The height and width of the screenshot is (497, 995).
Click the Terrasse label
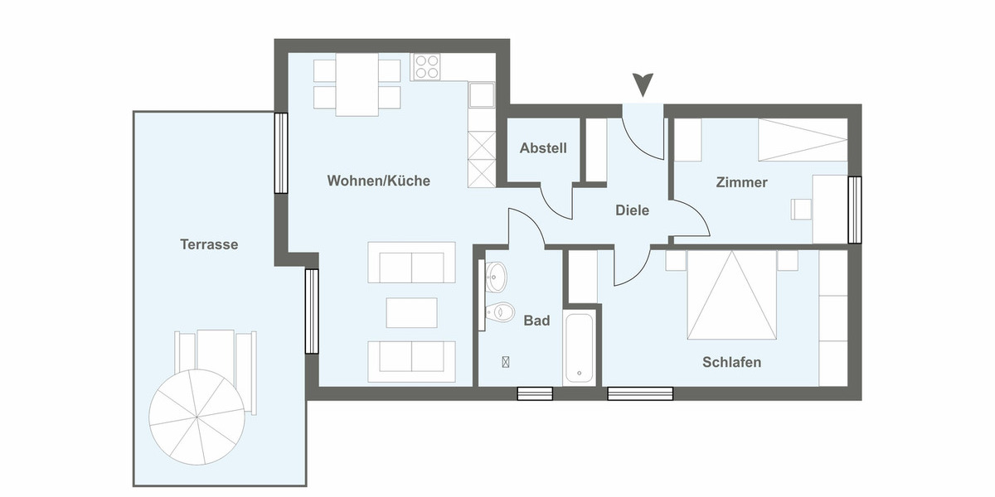click(x=209, y=244)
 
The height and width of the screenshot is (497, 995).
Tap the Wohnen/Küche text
click(x=378, y=181)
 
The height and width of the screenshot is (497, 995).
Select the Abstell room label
click(x=543, y=148)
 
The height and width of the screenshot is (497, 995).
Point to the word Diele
click(x=632, y=210)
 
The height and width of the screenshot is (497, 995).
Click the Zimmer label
click(x=741, y=182)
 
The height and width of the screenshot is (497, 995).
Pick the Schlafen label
click(x=731, y=362)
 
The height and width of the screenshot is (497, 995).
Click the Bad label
click(x=536, y=321)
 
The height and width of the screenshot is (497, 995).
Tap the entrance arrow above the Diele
click(x=643, y=84)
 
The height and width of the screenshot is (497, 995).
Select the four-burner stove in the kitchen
click(x=427, y=66)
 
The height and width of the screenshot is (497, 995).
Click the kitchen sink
click(x=481, y=95)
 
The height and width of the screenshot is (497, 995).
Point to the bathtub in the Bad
click(x=580, y=348)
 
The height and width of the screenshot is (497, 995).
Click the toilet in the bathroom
click(x=500, y=312)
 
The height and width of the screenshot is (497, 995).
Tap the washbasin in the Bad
click(x=496, y=277)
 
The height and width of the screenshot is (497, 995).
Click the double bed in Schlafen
click(x=731, y=296)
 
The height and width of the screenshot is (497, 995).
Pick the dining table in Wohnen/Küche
click(x=357, y=84)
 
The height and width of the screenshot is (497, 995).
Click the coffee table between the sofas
click(x=411, y=311)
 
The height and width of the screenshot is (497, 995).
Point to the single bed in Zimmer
click(x=803, y=139)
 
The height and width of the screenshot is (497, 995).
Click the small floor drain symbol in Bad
click(x=506, y=361)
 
